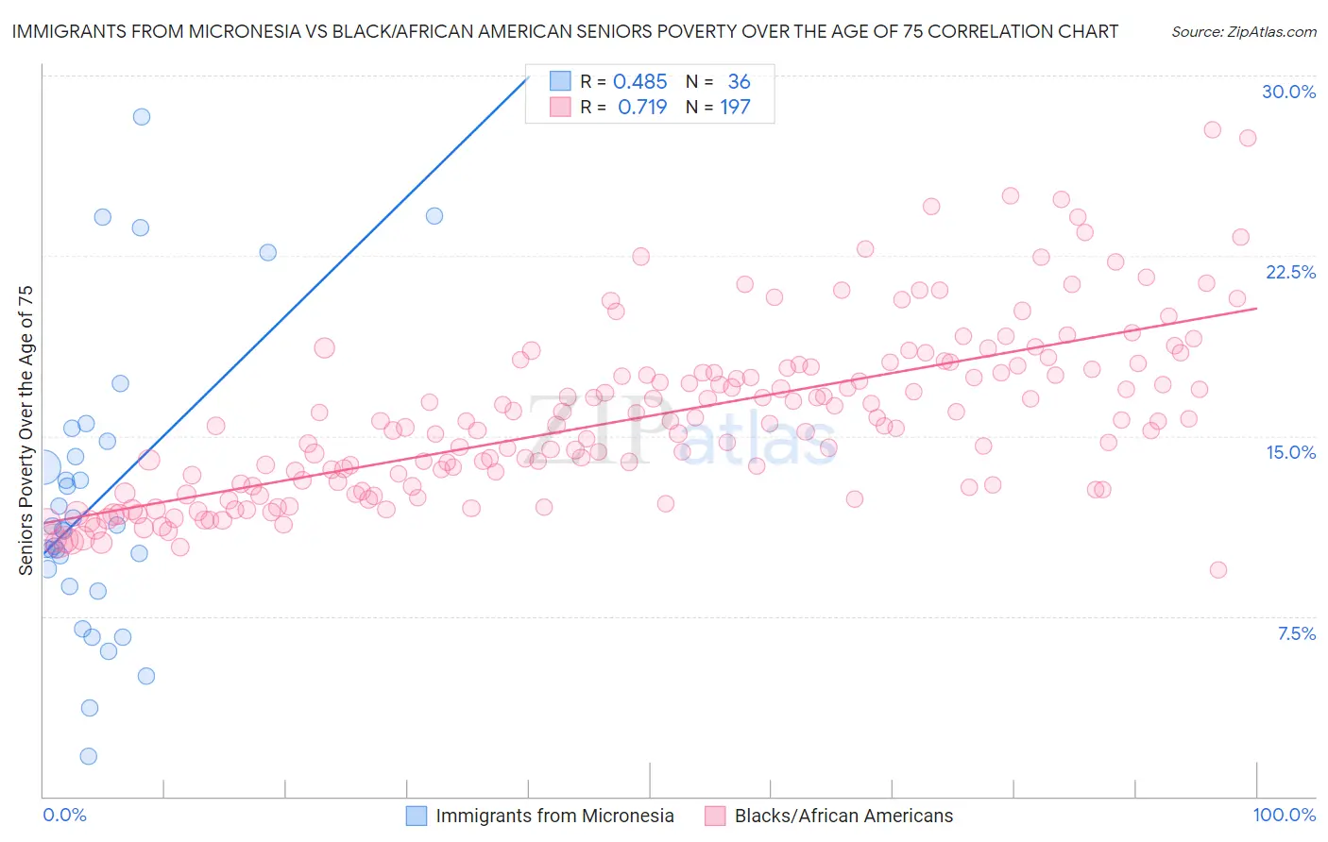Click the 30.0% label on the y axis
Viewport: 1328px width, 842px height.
(x=1288, y=92)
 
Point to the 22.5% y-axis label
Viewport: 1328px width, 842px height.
(x=1290, y=272)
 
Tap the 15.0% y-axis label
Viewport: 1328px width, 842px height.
(x=1290, y=452)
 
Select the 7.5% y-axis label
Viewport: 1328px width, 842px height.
(x=1296, y=633)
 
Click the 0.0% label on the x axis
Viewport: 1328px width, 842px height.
(x=64, y=815)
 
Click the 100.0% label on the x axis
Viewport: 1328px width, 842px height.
(x=1284, y=815)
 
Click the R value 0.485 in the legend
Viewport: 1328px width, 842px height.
(x=639, y=82)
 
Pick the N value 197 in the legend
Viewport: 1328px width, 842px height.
(x=735, y=108)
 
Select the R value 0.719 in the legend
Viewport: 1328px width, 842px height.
(x=641, y=108)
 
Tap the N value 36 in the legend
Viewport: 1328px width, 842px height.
(x=739, y=82)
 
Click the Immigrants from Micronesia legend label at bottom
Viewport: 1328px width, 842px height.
(x=554, y=816)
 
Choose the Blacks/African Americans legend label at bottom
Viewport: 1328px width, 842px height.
(x=843, y=816)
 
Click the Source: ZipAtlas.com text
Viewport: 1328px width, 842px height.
(x=1243, y=31)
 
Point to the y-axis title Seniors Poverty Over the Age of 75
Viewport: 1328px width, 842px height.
(x=26, y=430)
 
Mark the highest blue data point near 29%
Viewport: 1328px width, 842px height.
(x=142, y=117)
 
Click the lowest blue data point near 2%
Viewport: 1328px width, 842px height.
(x=88, y=756)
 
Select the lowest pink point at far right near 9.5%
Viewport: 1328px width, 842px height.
(x=1217, y=570)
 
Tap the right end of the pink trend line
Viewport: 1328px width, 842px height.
(x=1257, y=308)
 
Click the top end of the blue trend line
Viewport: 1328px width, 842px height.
(x=528, y=77)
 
